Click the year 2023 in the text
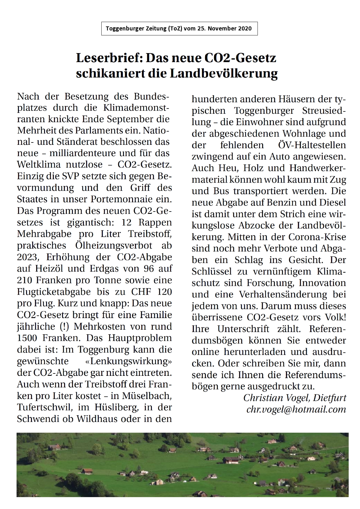(x=28, y=257)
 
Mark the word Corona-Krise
(x=317, y=237)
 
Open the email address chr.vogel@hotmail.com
(x=296, y=409)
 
